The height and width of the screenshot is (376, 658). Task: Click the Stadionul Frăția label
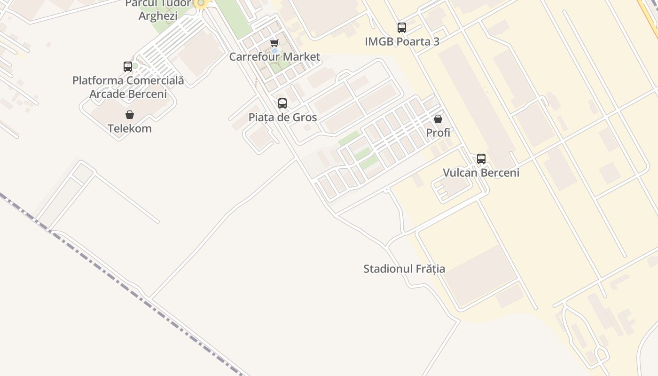tap(404, 269)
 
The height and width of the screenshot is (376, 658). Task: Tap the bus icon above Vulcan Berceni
tap(481, 159)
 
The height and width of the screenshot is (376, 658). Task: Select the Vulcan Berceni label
tap(481, 172)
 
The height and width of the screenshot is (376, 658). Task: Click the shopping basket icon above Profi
tap(438, 119)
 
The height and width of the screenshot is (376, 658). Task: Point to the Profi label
tap(438, 133)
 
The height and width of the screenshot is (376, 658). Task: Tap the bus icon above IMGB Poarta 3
tap(401, 28)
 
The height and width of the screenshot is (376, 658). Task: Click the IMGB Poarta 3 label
tap(402, 41)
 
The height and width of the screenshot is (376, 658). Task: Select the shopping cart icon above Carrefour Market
tap(274, 43)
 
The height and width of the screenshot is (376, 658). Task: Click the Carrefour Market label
tap(274, 57)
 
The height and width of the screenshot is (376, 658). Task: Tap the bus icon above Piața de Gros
tap(282, 103)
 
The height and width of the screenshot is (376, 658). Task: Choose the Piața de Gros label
tap(282, 117)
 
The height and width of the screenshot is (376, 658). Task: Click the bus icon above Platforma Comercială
tap(128, 67)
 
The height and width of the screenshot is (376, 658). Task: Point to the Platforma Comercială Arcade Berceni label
tap(128, 87)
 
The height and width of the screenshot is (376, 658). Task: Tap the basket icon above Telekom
tap(130, 115)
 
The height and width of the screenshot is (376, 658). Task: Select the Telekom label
tap(130, 128)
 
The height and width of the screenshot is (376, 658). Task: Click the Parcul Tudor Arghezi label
tap(158, 9)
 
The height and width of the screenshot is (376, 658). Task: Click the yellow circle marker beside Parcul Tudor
tap(201, 3)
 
